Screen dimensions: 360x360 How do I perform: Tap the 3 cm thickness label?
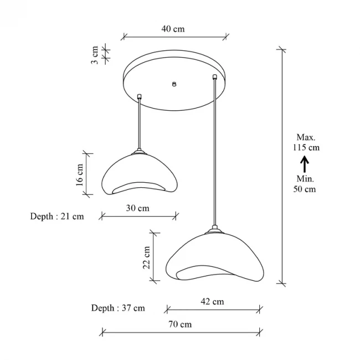95,55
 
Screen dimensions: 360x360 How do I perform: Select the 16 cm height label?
80,173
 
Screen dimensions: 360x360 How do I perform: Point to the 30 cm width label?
137,208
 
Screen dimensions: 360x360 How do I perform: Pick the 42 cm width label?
212,301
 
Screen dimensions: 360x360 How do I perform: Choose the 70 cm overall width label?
180,324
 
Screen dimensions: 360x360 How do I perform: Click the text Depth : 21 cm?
57,216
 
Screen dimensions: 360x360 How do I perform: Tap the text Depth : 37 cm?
118,307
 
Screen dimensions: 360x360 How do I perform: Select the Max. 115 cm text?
306,142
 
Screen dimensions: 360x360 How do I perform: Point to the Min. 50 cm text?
304,183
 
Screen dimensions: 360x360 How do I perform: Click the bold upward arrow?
304,163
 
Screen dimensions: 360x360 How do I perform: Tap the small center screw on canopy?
174,84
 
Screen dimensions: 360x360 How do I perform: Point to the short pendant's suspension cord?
140,125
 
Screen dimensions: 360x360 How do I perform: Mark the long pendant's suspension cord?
214,155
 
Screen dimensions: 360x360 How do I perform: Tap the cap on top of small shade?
140,151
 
